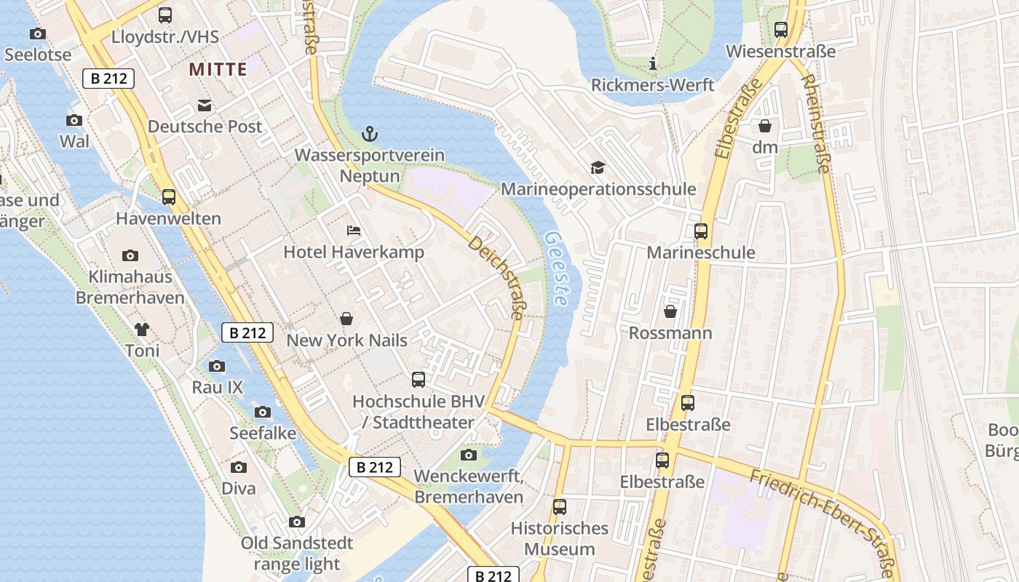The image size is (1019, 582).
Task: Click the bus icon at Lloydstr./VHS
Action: tap(165, 15)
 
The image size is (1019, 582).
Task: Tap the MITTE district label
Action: tap(218, 69)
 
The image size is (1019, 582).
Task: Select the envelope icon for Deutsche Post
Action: tap(204, 105)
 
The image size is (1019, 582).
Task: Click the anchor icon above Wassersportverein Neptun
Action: tap(370, 134)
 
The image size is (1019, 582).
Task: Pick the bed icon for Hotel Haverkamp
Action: tap(354, 231)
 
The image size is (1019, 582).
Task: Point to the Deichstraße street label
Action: tap(496, 277)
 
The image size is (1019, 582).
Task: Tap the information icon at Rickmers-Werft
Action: tap(653, 64)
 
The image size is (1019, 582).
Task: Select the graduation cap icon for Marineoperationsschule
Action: tap(598, 168)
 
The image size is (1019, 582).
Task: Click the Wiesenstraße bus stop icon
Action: tap(781, 30)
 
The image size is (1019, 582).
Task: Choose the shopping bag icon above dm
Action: tap(765, 126)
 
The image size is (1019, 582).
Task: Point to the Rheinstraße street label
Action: tap(814, 124)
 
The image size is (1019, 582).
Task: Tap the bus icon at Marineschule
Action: tap(701, 231)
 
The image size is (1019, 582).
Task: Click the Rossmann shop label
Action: tap(670, 333)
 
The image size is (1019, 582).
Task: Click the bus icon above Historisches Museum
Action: tap(559, 507)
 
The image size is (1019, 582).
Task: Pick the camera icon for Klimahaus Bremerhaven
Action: tap(130, 255)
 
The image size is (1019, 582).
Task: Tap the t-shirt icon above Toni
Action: tap(142, 330)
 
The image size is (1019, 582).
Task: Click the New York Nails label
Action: tap(347, 340)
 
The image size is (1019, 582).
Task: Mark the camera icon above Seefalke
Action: tap(263, 412)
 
